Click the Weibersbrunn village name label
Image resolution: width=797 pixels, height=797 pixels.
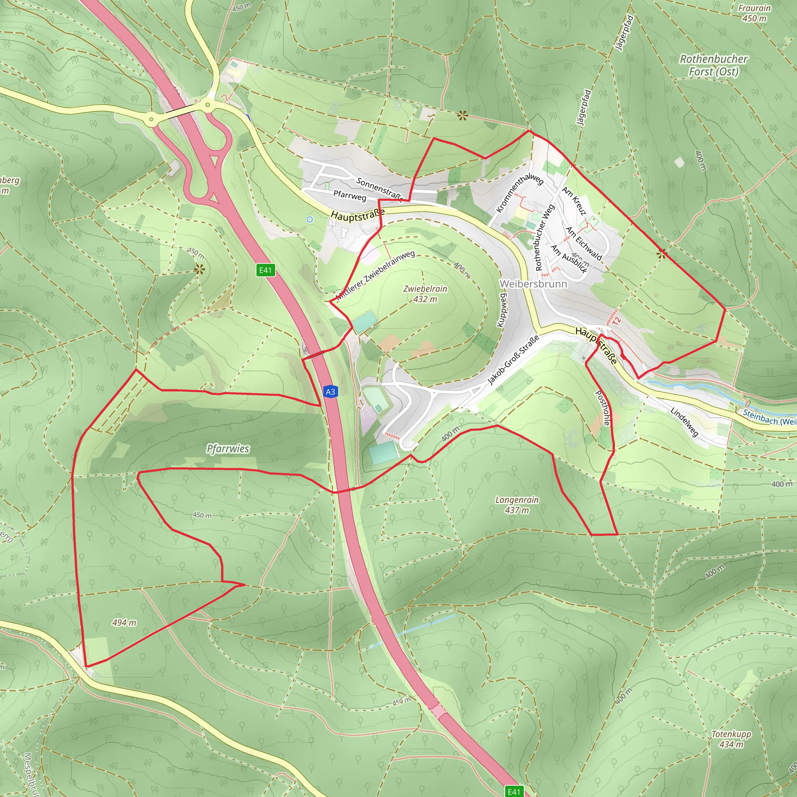click(x=533, y=284)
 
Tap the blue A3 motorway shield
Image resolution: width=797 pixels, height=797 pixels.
click(x=330, y=391)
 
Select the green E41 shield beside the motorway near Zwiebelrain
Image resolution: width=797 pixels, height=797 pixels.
click(x=265, y=270)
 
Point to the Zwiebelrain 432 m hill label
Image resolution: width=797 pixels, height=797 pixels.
click(x=425, y=294)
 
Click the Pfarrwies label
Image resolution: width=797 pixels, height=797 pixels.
click(x=228, y=448)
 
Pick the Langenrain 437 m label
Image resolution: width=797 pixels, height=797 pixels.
click(x=517, y=504)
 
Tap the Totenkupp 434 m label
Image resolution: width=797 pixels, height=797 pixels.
click(x=731, y=739)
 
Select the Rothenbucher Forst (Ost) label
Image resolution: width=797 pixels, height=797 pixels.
click(x=713, y=65)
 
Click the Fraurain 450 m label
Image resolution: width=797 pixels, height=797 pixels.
click(x=754, y=13)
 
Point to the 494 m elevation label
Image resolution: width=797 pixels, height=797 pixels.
click(x=124, y=623)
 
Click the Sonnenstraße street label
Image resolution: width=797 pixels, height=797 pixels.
click(x=379, y=189)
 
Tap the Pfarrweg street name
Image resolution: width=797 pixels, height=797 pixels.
click(x=349, y=195)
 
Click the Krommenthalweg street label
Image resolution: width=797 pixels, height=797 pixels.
click(x=520, y=193)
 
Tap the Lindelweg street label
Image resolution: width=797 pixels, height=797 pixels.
click(x=685, y=421)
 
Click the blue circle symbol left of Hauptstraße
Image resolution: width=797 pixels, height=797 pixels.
click(x=310, y=219)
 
